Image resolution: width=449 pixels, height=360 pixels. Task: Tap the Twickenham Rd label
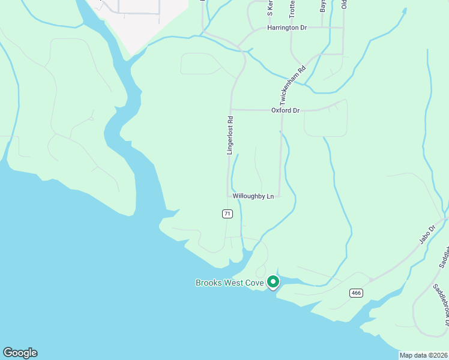point(292,85)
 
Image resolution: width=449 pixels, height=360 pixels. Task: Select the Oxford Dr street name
point(285,110)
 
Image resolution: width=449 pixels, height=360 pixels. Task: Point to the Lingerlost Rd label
point(229,136)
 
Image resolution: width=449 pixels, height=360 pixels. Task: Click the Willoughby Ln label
point(253,196)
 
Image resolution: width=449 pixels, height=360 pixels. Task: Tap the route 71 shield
point(227,214)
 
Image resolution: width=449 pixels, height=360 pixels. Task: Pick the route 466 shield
point(356,293)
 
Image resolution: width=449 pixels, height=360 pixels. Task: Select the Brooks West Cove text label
point(229,283)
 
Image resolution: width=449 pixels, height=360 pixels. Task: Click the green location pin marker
point(273,281)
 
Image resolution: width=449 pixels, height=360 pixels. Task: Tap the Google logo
point(20,353)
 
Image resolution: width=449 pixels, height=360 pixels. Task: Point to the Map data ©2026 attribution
point(423,355)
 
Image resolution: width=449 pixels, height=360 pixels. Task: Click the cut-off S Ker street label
point(270,8)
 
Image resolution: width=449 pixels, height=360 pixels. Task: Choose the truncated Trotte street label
point(292,8)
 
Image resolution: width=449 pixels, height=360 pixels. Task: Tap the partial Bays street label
point(323,5)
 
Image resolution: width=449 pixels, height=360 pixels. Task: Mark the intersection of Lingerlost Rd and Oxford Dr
point(231,110)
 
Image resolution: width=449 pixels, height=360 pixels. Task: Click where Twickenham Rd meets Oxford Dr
point(282,110)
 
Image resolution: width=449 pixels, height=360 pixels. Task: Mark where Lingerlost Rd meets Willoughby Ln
point(229,196)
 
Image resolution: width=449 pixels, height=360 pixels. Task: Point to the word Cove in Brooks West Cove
point(253,283)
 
